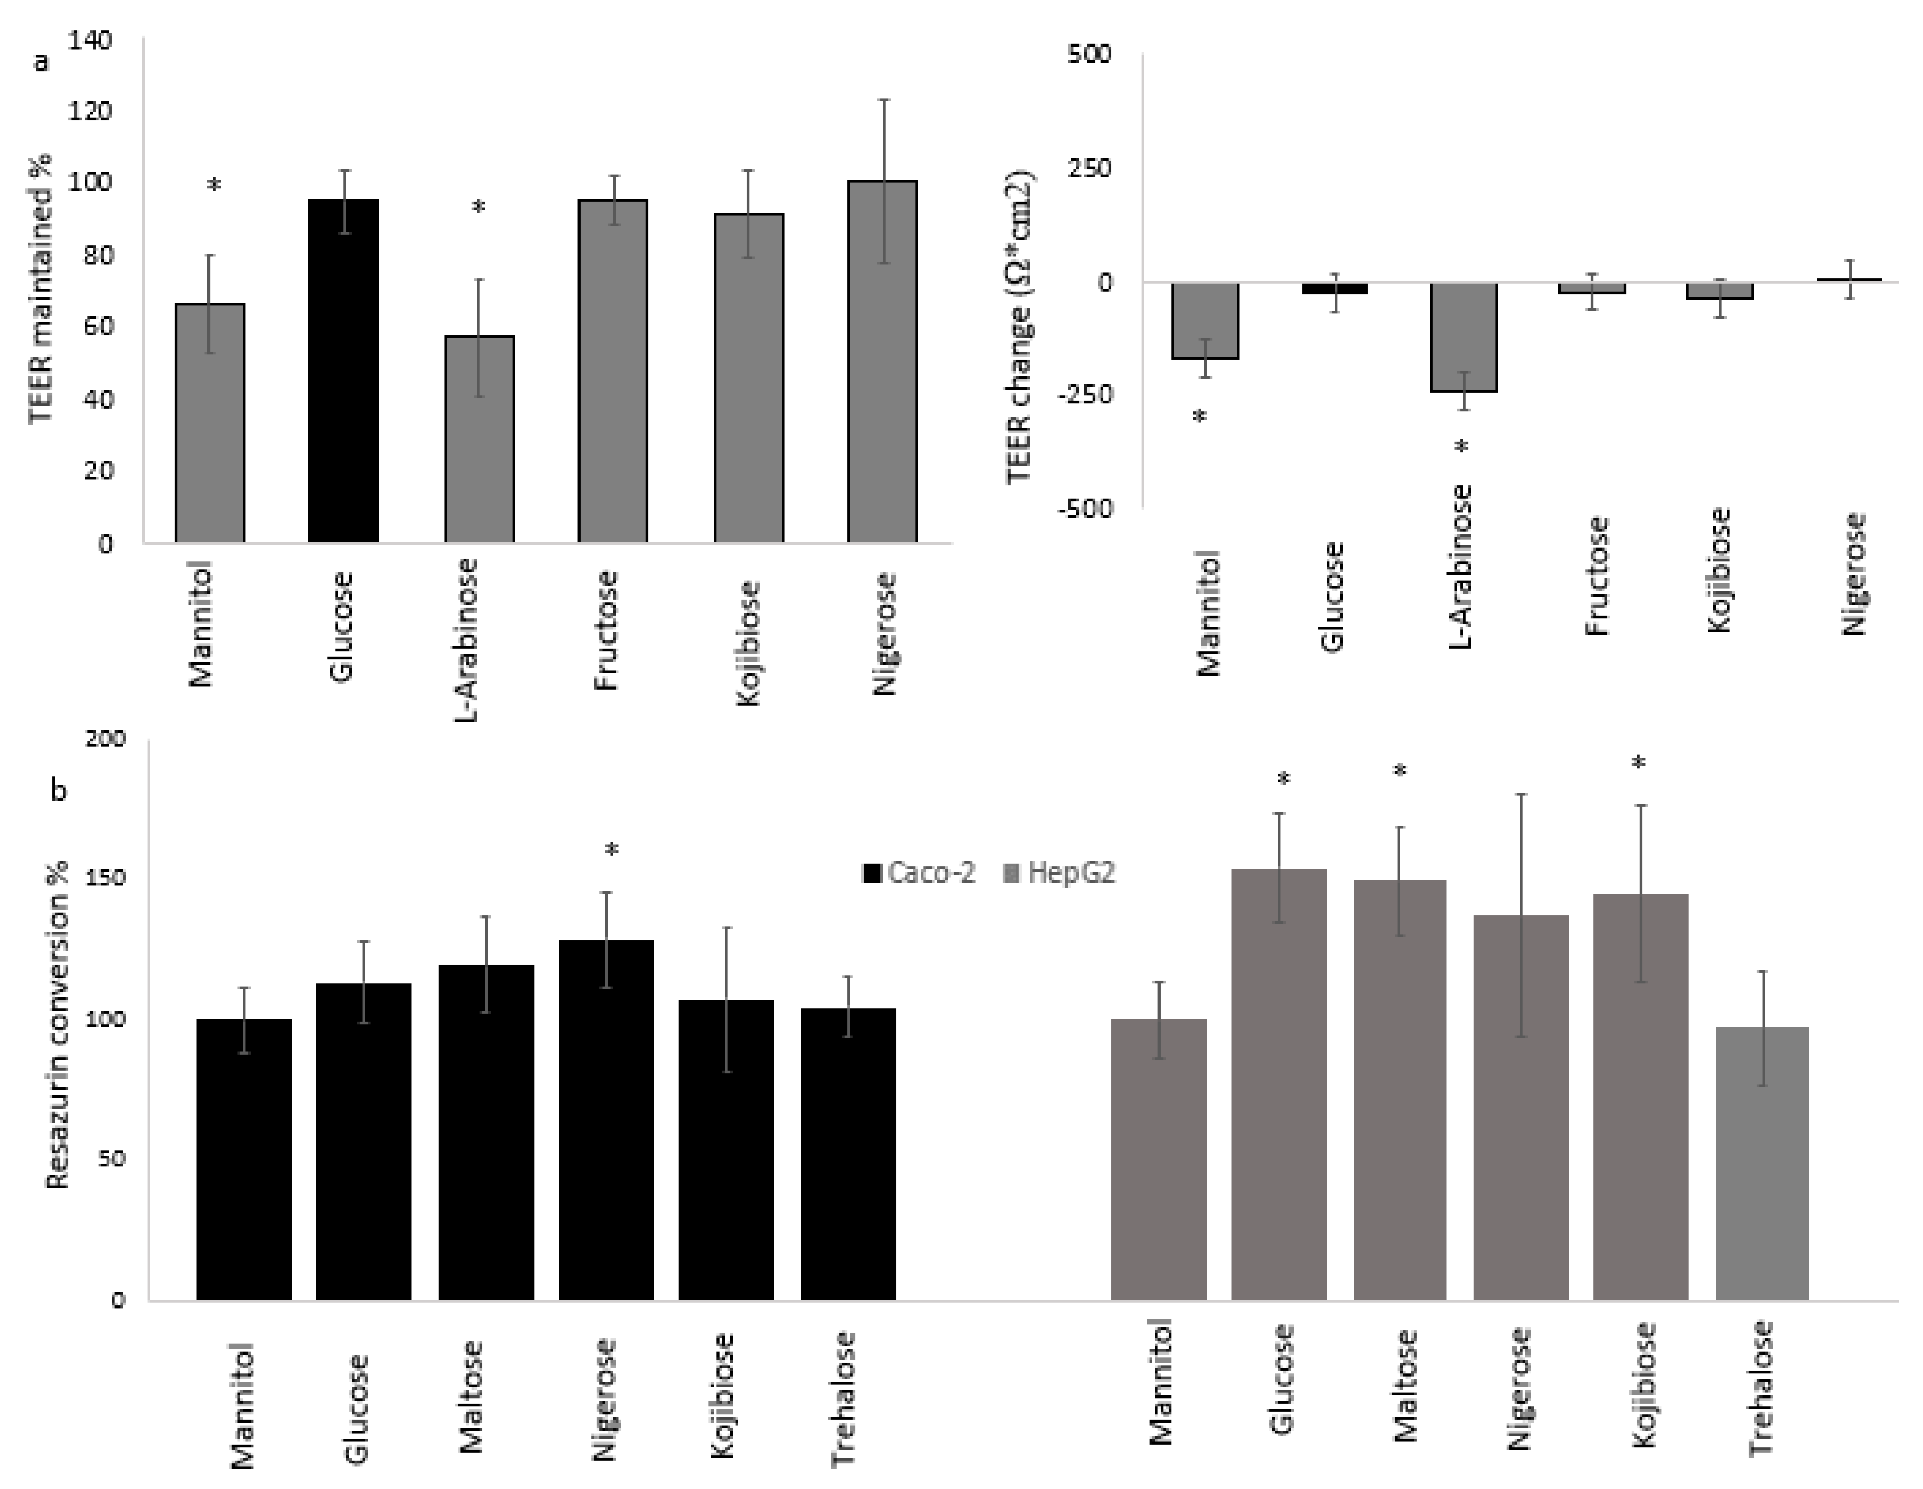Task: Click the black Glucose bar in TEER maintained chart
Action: coord(343,370)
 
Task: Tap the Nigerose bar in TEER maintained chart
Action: coord(882,361)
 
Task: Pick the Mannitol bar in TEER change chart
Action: coord(1204,320)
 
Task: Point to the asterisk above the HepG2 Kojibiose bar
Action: coord(1638,764)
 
